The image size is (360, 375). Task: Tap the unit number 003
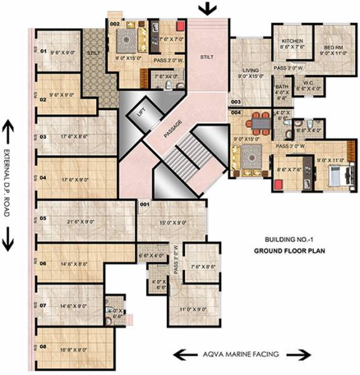(236, 101)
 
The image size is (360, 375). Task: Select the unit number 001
(144, 204)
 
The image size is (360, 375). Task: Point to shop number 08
(43, 346)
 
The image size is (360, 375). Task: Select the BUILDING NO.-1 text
(284, 240)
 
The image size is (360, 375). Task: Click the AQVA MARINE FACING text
(244, 354)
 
